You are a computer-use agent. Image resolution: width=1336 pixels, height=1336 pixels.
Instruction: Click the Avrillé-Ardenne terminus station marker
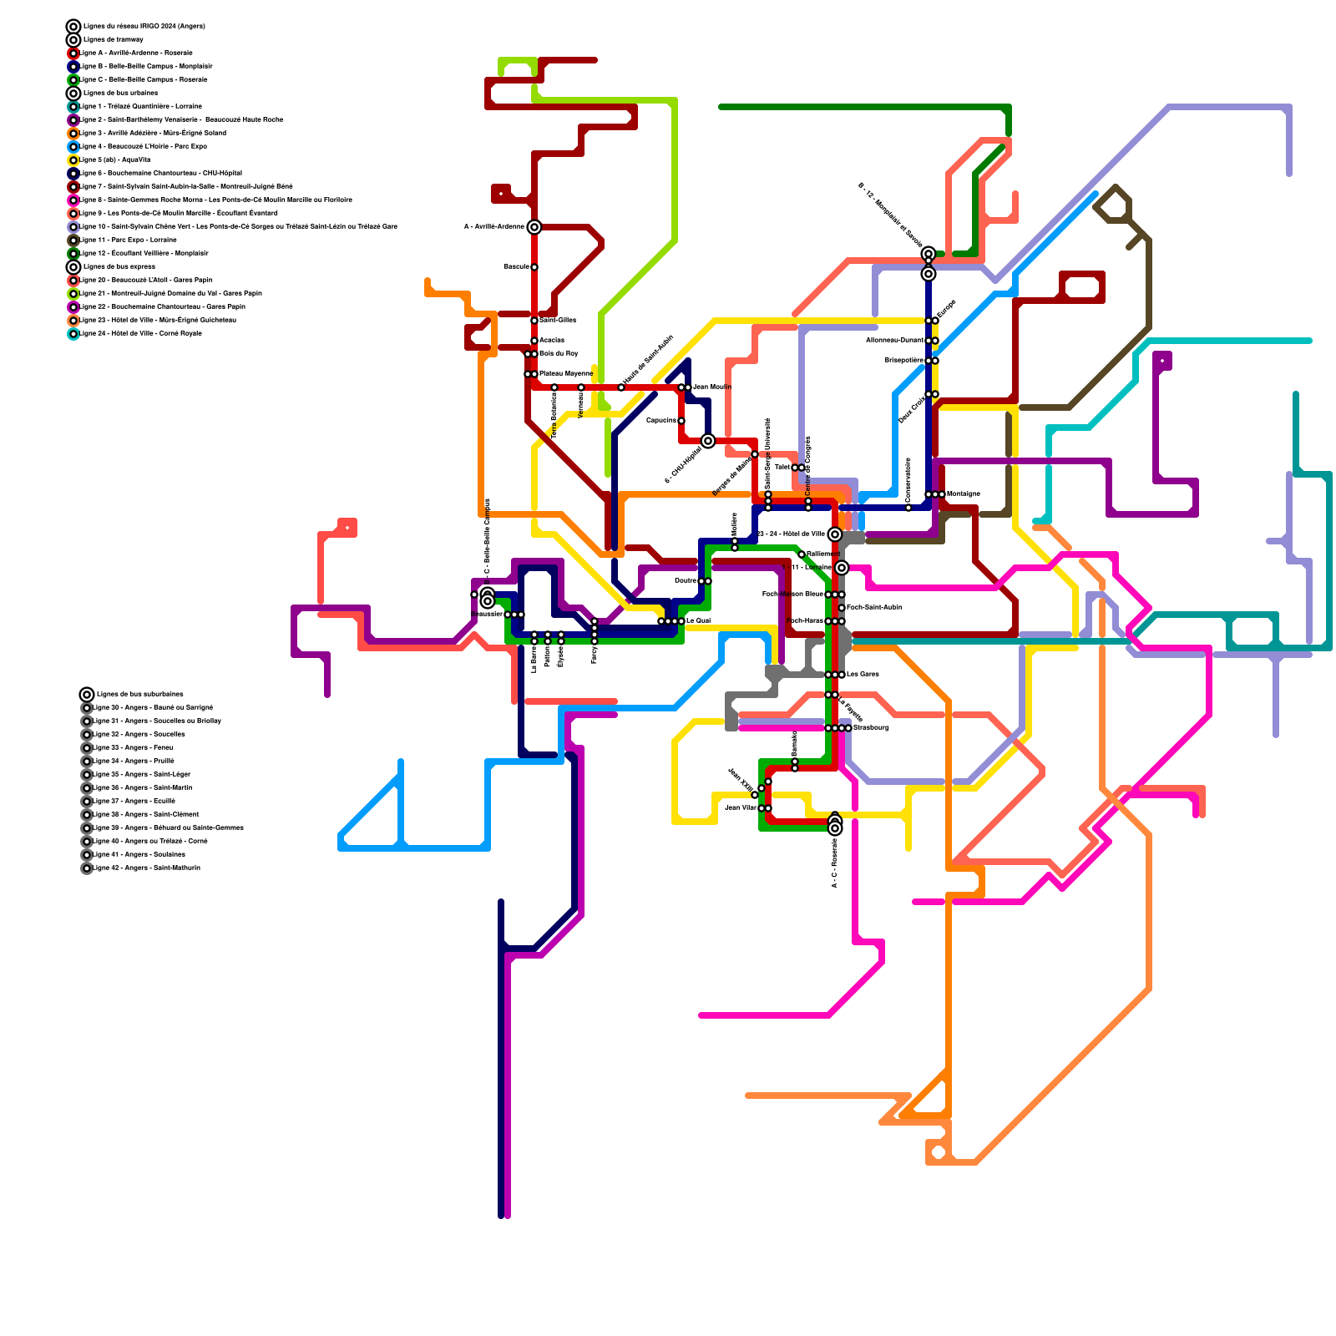[x=534, y=227]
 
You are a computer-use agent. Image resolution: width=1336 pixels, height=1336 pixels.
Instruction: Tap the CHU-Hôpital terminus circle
[x=708, y=441]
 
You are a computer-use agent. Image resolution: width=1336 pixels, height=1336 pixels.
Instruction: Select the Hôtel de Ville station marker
[x=834, y=534]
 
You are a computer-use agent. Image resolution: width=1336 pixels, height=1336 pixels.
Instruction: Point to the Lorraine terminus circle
[x=842, y=568]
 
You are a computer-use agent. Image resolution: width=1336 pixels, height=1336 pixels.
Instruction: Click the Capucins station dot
[x=681, y=421]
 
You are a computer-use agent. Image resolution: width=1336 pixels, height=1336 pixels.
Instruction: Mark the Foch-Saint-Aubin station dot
[x=842, y=608]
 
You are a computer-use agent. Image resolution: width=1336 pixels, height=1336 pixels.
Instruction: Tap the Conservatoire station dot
[x=908, y=508]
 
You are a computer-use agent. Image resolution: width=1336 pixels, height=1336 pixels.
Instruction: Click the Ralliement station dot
[x=802, y=554]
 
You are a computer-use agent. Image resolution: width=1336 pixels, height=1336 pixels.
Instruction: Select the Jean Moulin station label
[x=712, y=387]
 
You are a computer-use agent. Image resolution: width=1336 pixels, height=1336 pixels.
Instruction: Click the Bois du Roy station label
[x=559, y=353]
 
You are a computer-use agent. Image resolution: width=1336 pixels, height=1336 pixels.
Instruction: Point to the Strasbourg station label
[x=871, y=727]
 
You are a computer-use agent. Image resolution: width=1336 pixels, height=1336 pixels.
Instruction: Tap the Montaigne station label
[x=964, y=493]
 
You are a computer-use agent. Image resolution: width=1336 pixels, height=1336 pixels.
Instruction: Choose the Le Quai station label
[x=699, y=620]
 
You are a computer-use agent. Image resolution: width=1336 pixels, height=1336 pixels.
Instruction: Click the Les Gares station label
[x=863, y=674]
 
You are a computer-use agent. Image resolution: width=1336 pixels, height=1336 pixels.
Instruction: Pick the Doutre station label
[x=685, y=580]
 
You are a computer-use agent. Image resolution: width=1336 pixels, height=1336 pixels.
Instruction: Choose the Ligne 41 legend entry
[x=139, y=854]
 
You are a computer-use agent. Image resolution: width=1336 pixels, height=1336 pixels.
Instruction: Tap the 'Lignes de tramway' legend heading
[x=113, y=39]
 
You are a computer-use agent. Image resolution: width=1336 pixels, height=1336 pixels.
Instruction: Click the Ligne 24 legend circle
[x=73, y=333]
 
